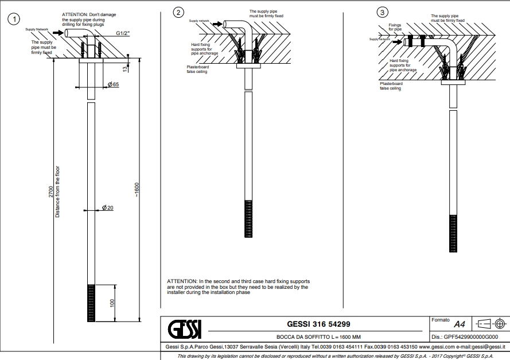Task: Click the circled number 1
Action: pyautogui.click(x=11, y=19)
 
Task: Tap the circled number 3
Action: pyautogui.click(x=382, y=13)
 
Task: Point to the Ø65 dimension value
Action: pyautogui.click(x=113, y=84)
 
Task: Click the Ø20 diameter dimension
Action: pyautogui.click(x=108, y=207)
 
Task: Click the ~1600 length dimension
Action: pyautogui.click(x=137, y=189)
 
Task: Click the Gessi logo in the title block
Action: pyautogui.click(x=185, y=330)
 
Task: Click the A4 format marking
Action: pyautogui.click(x=459, y=324)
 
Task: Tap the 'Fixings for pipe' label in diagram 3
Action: pyautogui.click(x=395, y=26)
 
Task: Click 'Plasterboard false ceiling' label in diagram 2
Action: pyautogui.click(x=192, y=69)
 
